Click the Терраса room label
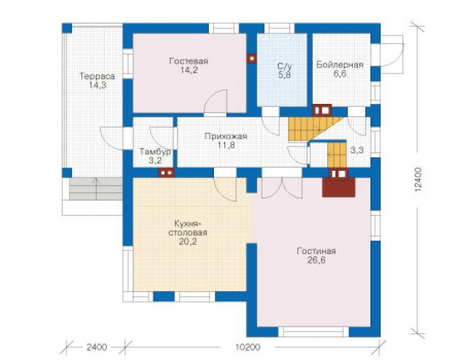(97, 76)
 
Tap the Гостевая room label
(189, 61)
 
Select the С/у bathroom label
(284, 66)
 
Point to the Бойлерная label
(340, 64)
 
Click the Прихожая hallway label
(226, 136)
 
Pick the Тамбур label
(155, 152)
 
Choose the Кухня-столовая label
(188, 228)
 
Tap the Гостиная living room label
(316, 251)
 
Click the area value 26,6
(316, 260)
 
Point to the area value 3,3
(357, 150)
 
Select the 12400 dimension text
(419, 180)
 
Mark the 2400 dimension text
(97, 347)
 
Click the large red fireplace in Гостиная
(338, 187)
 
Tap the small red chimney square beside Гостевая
(252, 58)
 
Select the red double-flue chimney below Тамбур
(166, 173)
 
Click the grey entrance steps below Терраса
(96, 189)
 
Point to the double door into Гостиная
(282, 187)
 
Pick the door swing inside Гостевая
(215, 101)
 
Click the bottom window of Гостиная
(313, 332)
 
